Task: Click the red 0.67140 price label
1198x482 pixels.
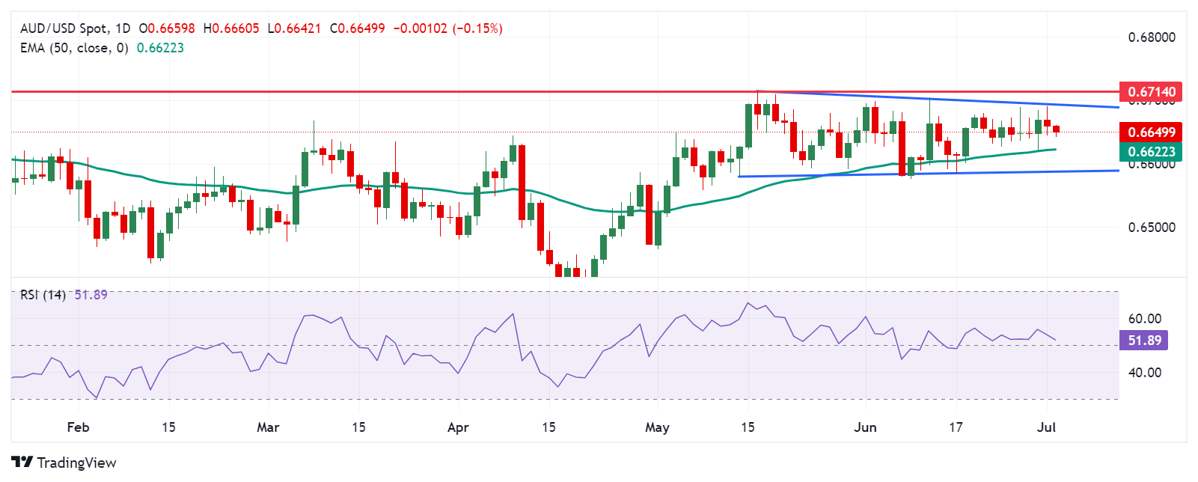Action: point(1152,92)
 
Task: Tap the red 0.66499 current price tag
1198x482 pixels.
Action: point(1152,132)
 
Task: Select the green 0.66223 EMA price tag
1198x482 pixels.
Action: point(1152,152)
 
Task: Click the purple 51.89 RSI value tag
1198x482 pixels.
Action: point(1144,341)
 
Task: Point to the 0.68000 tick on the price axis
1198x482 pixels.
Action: point(1152,37)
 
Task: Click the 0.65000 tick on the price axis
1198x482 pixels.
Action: point(1152,228)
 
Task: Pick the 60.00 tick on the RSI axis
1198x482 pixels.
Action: point(1145,319)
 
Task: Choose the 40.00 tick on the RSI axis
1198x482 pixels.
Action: point(1145,373)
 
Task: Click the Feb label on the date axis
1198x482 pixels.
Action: point(78,427)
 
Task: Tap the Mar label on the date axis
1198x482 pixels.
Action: point(268,427)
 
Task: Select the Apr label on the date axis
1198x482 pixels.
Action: point(458,427)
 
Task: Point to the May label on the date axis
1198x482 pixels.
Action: point(657,427)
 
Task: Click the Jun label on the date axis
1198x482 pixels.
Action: point(865,427)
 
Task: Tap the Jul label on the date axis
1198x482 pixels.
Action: point(1047,427)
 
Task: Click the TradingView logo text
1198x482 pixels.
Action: point(76,463)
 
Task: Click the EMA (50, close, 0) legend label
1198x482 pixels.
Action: point(74,48)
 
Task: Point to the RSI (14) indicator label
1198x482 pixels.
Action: point(43,295)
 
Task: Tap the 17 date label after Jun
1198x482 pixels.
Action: point(956,427)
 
